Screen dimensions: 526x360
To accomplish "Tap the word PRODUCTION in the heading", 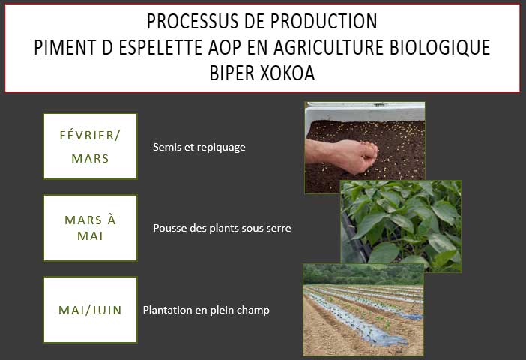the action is coord(324,22).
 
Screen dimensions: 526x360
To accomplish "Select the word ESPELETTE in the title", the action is coord(160,47).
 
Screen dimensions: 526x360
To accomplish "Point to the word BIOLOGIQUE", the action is coord(440,47).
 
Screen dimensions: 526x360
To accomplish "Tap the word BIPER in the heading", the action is coord(232,73).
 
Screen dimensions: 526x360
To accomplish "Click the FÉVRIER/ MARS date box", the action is coord(90,146).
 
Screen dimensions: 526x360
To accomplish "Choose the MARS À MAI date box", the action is coord(90,228).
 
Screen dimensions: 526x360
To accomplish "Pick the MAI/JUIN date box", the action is coord(90,310).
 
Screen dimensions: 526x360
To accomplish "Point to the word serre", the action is coord(279,229).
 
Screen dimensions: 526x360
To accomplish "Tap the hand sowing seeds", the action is coord(345,156).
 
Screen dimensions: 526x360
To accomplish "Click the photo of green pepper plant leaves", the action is coord(401,226).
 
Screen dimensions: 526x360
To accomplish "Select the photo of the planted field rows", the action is coord(363,310).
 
